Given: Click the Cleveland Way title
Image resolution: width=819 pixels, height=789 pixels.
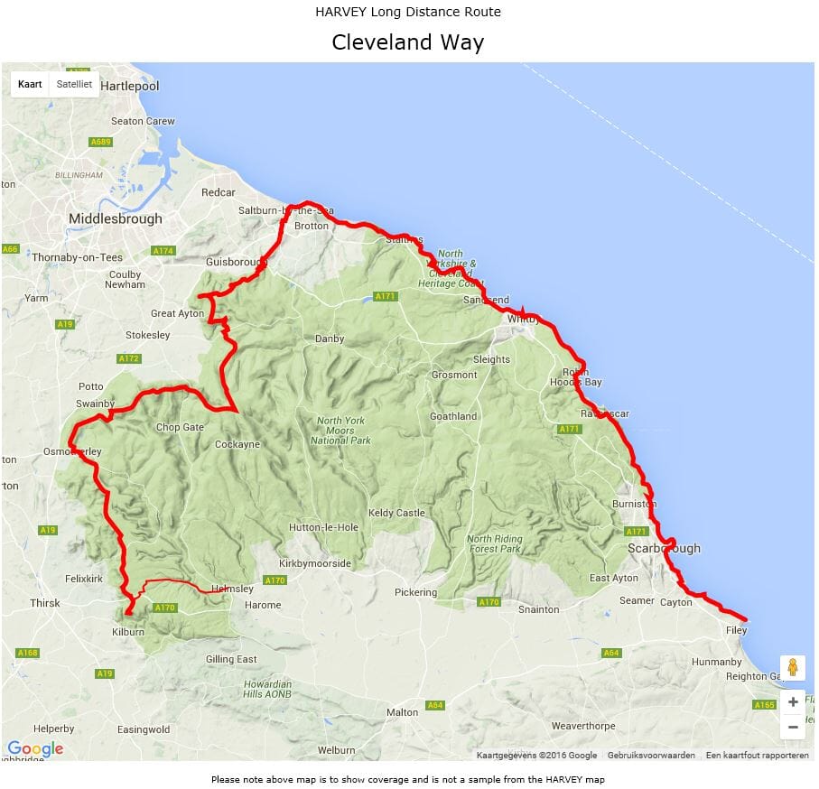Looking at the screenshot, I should point(407,42).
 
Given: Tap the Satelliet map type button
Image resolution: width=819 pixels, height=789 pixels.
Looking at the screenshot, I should point(74,84).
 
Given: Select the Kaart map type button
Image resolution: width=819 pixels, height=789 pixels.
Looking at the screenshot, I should point(31,84).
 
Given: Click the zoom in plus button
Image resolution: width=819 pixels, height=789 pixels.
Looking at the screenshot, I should point(793,702).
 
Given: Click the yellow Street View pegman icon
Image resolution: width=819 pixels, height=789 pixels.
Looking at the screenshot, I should point(793,668).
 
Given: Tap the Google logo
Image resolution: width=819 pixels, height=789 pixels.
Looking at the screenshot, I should point(35,748).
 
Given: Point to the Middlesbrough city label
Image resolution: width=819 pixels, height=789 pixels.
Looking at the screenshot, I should point(116,218).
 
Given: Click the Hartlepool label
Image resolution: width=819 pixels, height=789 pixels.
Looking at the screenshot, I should point(130,86).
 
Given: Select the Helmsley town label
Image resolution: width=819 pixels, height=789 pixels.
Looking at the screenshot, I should point(233,589).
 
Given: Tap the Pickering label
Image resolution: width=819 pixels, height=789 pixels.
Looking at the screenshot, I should point(415,593).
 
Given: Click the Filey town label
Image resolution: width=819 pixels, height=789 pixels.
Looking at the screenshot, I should point(736,630).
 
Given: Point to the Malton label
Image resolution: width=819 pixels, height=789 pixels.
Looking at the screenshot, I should point(403,712).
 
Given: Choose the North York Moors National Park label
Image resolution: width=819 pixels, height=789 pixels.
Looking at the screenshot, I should point(341,431).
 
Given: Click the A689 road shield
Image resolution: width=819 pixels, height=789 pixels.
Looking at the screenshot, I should point(100,143).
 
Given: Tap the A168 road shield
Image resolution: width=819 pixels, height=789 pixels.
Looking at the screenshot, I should point(27,653).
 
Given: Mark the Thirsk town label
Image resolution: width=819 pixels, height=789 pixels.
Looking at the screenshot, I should point(45,603).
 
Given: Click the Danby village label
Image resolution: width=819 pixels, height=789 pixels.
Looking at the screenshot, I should point(329,339).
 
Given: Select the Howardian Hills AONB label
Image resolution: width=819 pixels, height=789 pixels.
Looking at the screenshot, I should point(267,690).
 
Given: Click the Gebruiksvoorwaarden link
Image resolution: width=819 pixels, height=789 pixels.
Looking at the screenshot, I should point(651,756).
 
